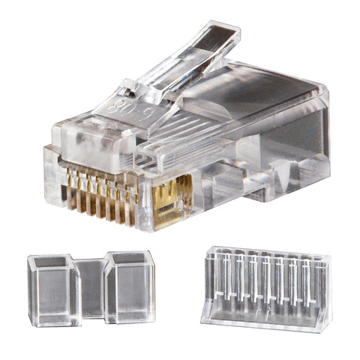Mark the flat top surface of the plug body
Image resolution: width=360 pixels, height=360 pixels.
click(255, 86)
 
